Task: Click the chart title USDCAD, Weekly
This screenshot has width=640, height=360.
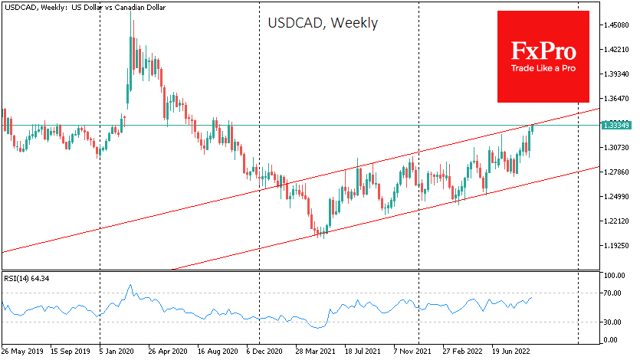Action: (322, 23)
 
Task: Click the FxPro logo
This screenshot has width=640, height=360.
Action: (543, 56)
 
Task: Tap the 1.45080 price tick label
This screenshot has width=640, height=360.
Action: (615, 25)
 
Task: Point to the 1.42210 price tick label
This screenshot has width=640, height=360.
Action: (615, 50)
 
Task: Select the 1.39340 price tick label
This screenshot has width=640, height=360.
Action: (615, 74)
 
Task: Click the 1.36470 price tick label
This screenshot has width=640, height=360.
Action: (615, 99)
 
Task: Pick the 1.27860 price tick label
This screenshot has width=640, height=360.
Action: (615, 172)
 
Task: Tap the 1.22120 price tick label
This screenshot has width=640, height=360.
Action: (615, 221)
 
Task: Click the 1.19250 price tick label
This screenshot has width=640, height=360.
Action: (615, 246)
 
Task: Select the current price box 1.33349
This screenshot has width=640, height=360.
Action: (615, 124)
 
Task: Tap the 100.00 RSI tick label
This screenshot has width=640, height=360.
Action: (615, 274)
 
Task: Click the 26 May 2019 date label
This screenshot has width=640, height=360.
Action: (24, 352)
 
